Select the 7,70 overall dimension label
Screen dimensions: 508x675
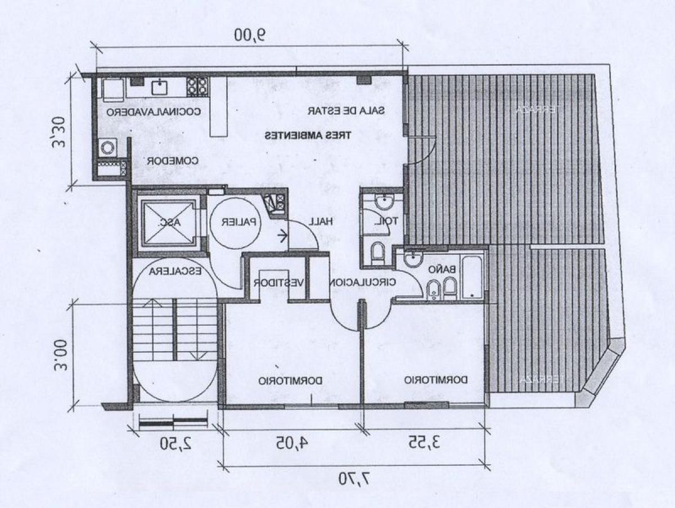[x=354, y=479]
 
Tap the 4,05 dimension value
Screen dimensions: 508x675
[x=292, y=442]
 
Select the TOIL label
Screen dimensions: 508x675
[x=386, y=222]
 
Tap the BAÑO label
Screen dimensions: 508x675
[x=442, y=269]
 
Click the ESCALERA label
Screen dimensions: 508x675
[x=175, y=271]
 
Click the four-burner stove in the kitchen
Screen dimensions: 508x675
[x=197, y=86]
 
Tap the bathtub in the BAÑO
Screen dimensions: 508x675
[x=472, y=277]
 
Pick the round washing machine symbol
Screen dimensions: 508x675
[x=107, y=148]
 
